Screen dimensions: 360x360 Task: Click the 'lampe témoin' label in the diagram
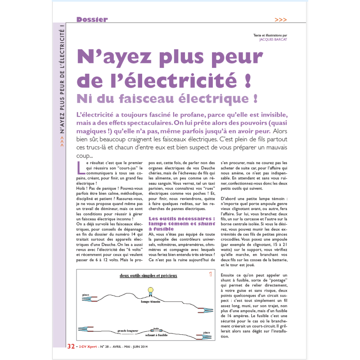[150, 302]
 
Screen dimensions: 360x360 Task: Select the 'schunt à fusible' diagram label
[157, 335]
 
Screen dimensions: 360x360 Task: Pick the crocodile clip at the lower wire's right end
[202, 337]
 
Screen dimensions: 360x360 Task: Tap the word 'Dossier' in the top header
[92, 19]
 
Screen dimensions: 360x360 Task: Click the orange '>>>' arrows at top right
[280, 20]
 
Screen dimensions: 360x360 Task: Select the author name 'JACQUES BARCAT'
[273, 39]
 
